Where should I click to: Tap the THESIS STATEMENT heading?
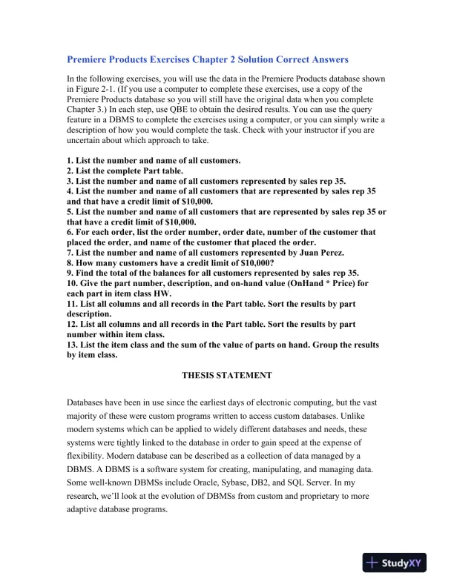[x=226, y=375]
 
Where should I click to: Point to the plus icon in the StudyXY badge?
[x=373, y=563]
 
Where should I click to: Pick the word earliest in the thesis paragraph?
[x=217, y=402]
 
